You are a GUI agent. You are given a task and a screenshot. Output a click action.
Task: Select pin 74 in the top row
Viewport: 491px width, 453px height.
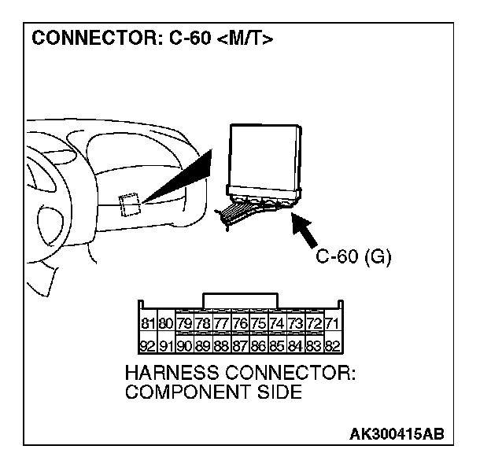point(277,323)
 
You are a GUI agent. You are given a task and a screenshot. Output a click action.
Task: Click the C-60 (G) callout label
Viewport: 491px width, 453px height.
point(353,256)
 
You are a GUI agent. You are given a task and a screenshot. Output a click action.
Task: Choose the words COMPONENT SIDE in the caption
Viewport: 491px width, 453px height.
point(213,392)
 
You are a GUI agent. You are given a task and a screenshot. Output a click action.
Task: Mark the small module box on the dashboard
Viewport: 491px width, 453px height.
point(129,204)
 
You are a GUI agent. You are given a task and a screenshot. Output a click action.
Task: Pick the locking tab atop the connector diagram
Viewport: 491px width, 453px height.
point(240,300)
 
